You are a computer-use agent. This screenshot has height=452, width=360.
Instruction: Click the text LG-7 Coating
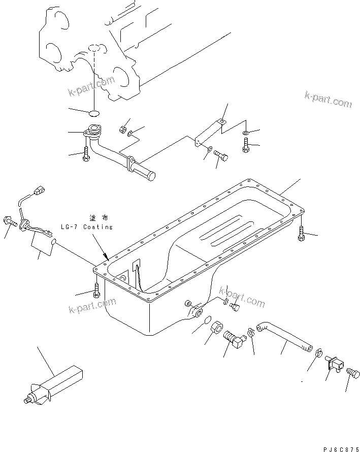tap(87, 227)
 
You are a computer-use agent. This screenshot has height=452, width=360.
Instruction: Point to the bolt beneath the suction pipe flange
tap(85, 154)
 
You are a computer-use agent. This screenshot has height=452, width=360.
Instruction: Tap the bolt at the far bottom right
tap(351, 375)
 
